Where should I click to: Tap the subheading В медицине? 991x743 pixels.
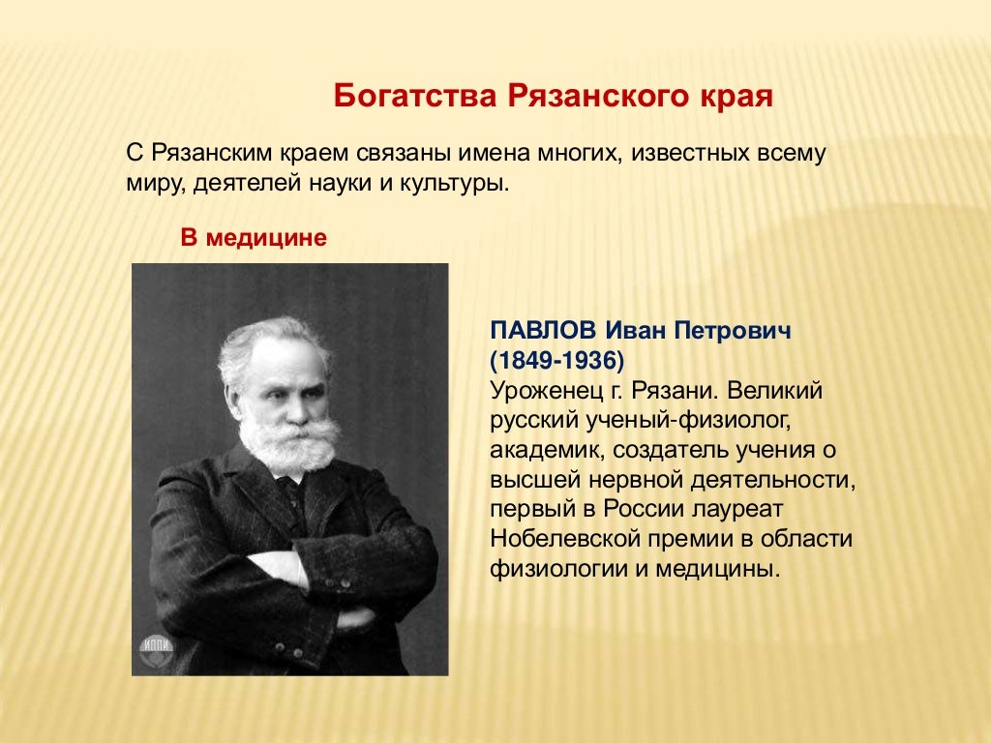tap(254, 237)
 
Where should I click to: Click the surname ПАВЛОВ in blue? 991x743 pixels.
tap(546, 332)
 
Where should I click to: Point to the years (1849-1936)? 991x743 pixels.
tap(557, 361)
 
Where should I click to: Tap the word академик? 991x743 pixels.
tap(546, 450)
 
